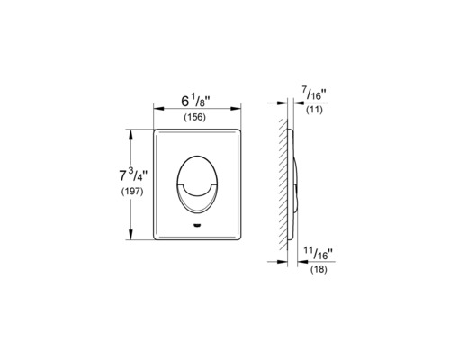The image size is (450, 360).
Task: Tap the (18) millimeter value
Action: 318,269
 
